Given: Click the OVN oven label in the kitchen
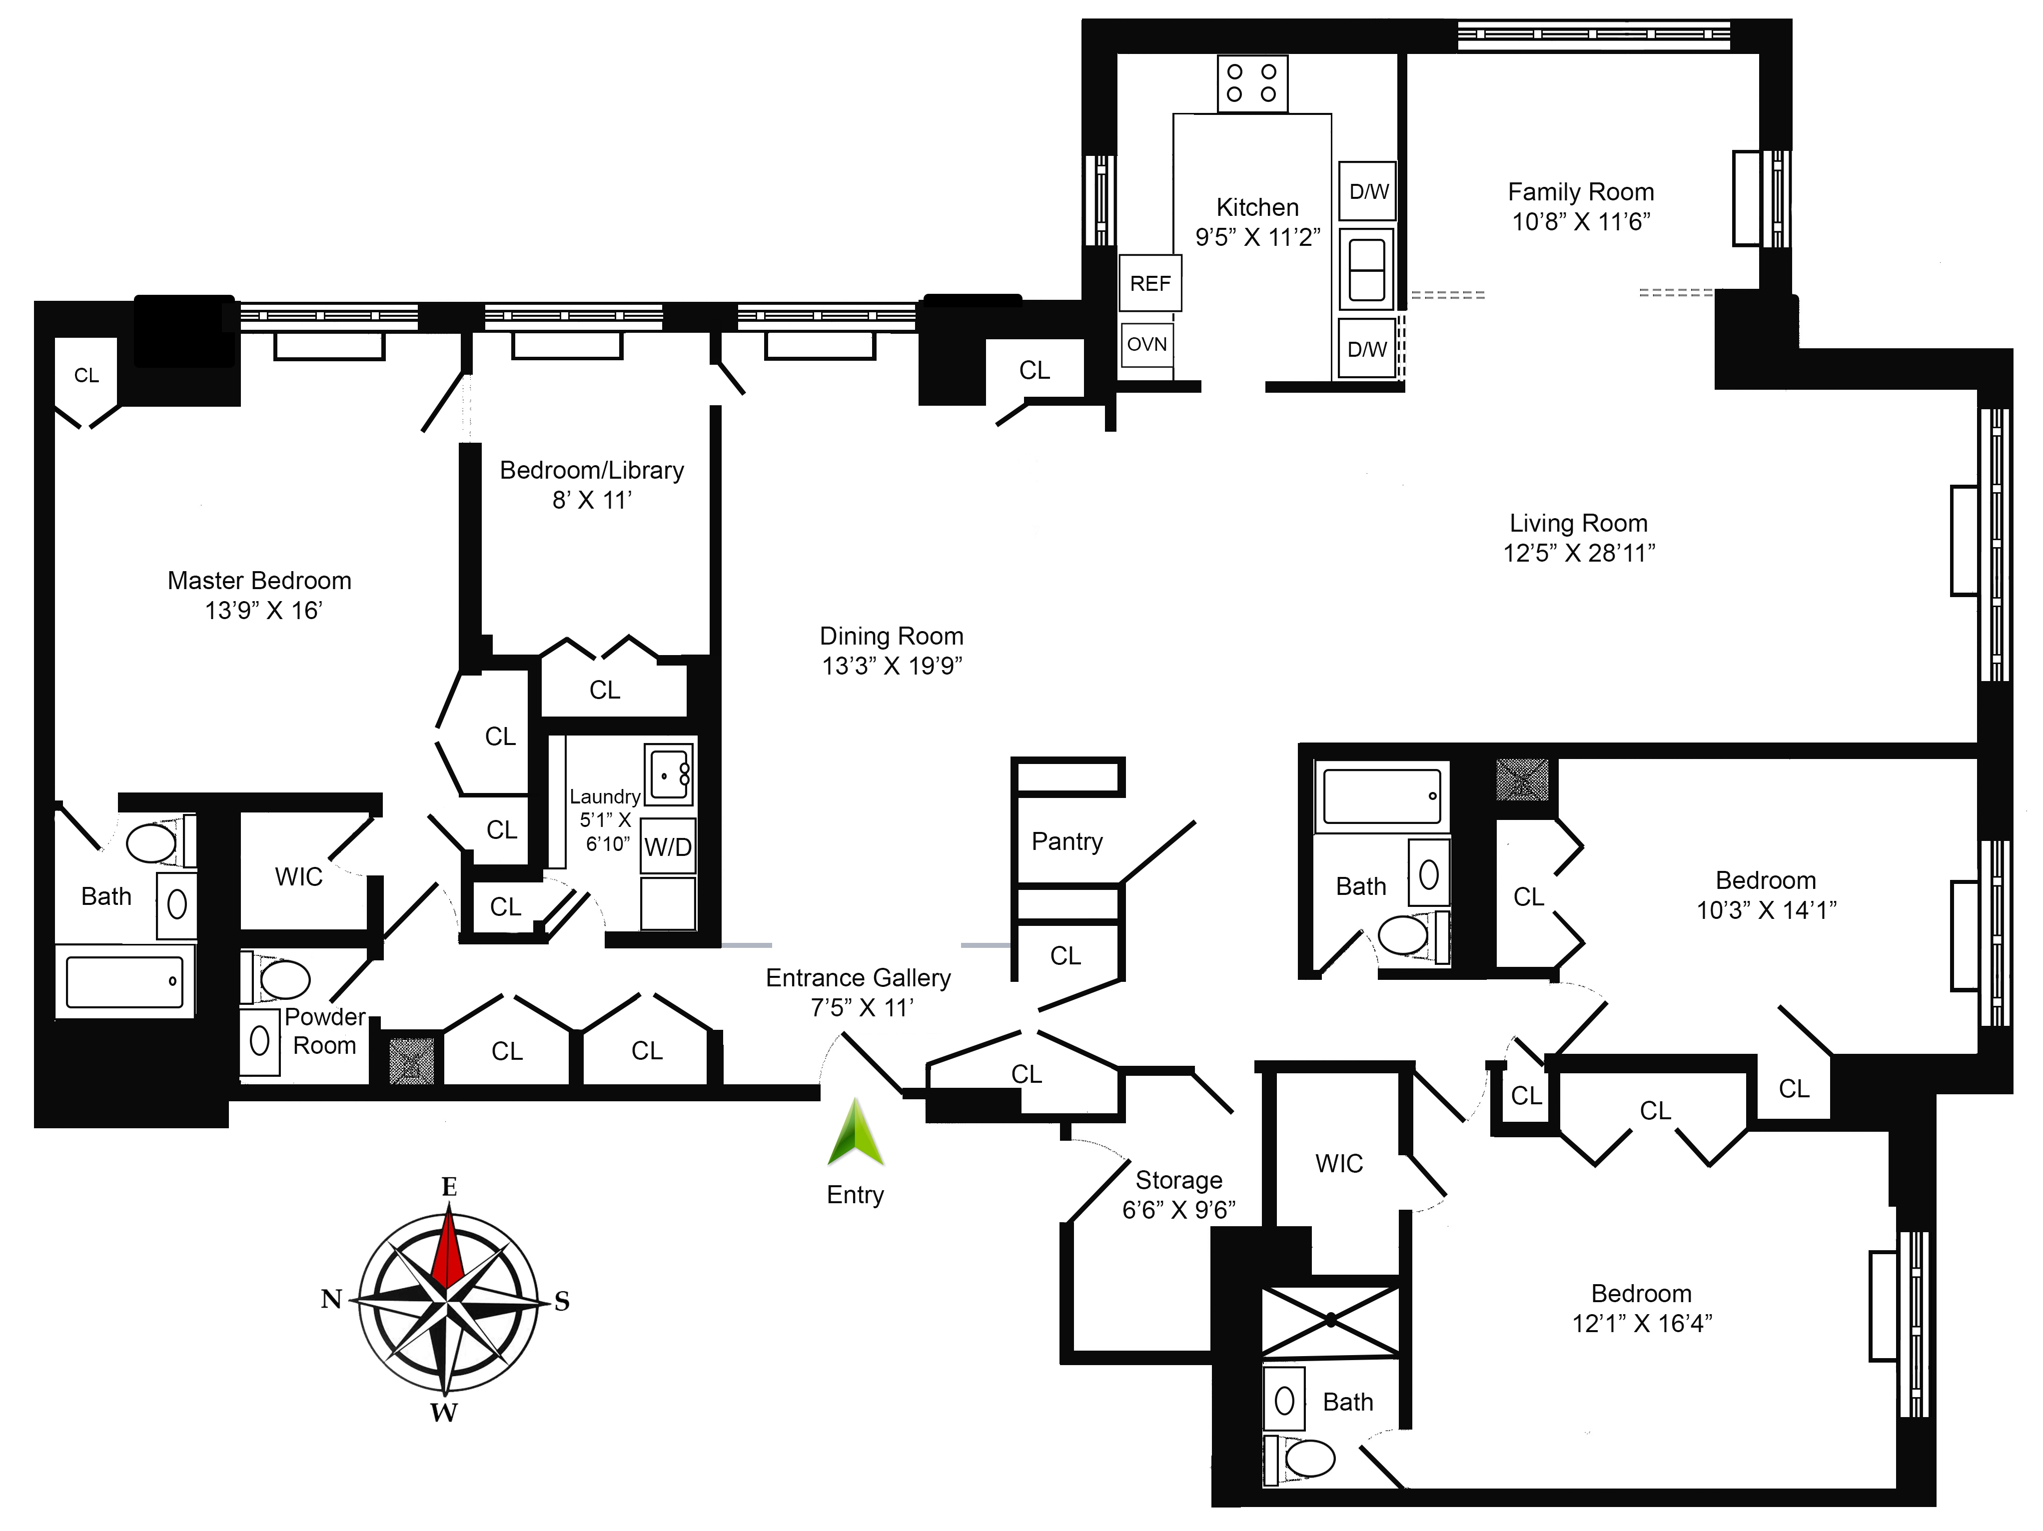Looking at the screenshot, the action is click(1147, 344).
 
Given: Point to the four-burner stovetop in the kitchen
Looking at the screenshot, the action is click(1252, 83).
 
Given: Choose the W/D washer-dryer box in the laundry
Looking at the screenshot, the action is click(668, 846).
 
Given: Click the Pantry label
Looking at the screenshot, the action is click(1067, 841).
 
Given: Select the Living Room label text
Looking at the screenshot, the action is click(1578, 523).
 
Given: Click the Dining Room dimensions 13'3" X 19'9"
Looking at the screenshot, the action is click(892, 666).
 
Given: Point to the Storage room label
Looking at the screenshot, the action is click(1178, 1180).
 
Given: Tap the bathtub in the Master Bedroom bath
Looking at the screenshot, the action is click(124, 981).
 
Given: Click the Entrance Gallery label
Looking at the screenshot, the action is click(858, 978).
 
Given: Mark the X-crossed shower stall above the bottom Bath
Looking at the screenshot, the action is click(1331, 1321).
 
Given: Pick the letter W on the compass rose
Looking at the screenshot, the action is click(444, 1412).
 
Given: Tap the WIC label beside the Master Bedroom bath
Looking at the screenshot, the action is click(298, 876).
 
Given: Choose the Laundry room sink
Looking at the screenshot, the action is click(669, 774).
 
